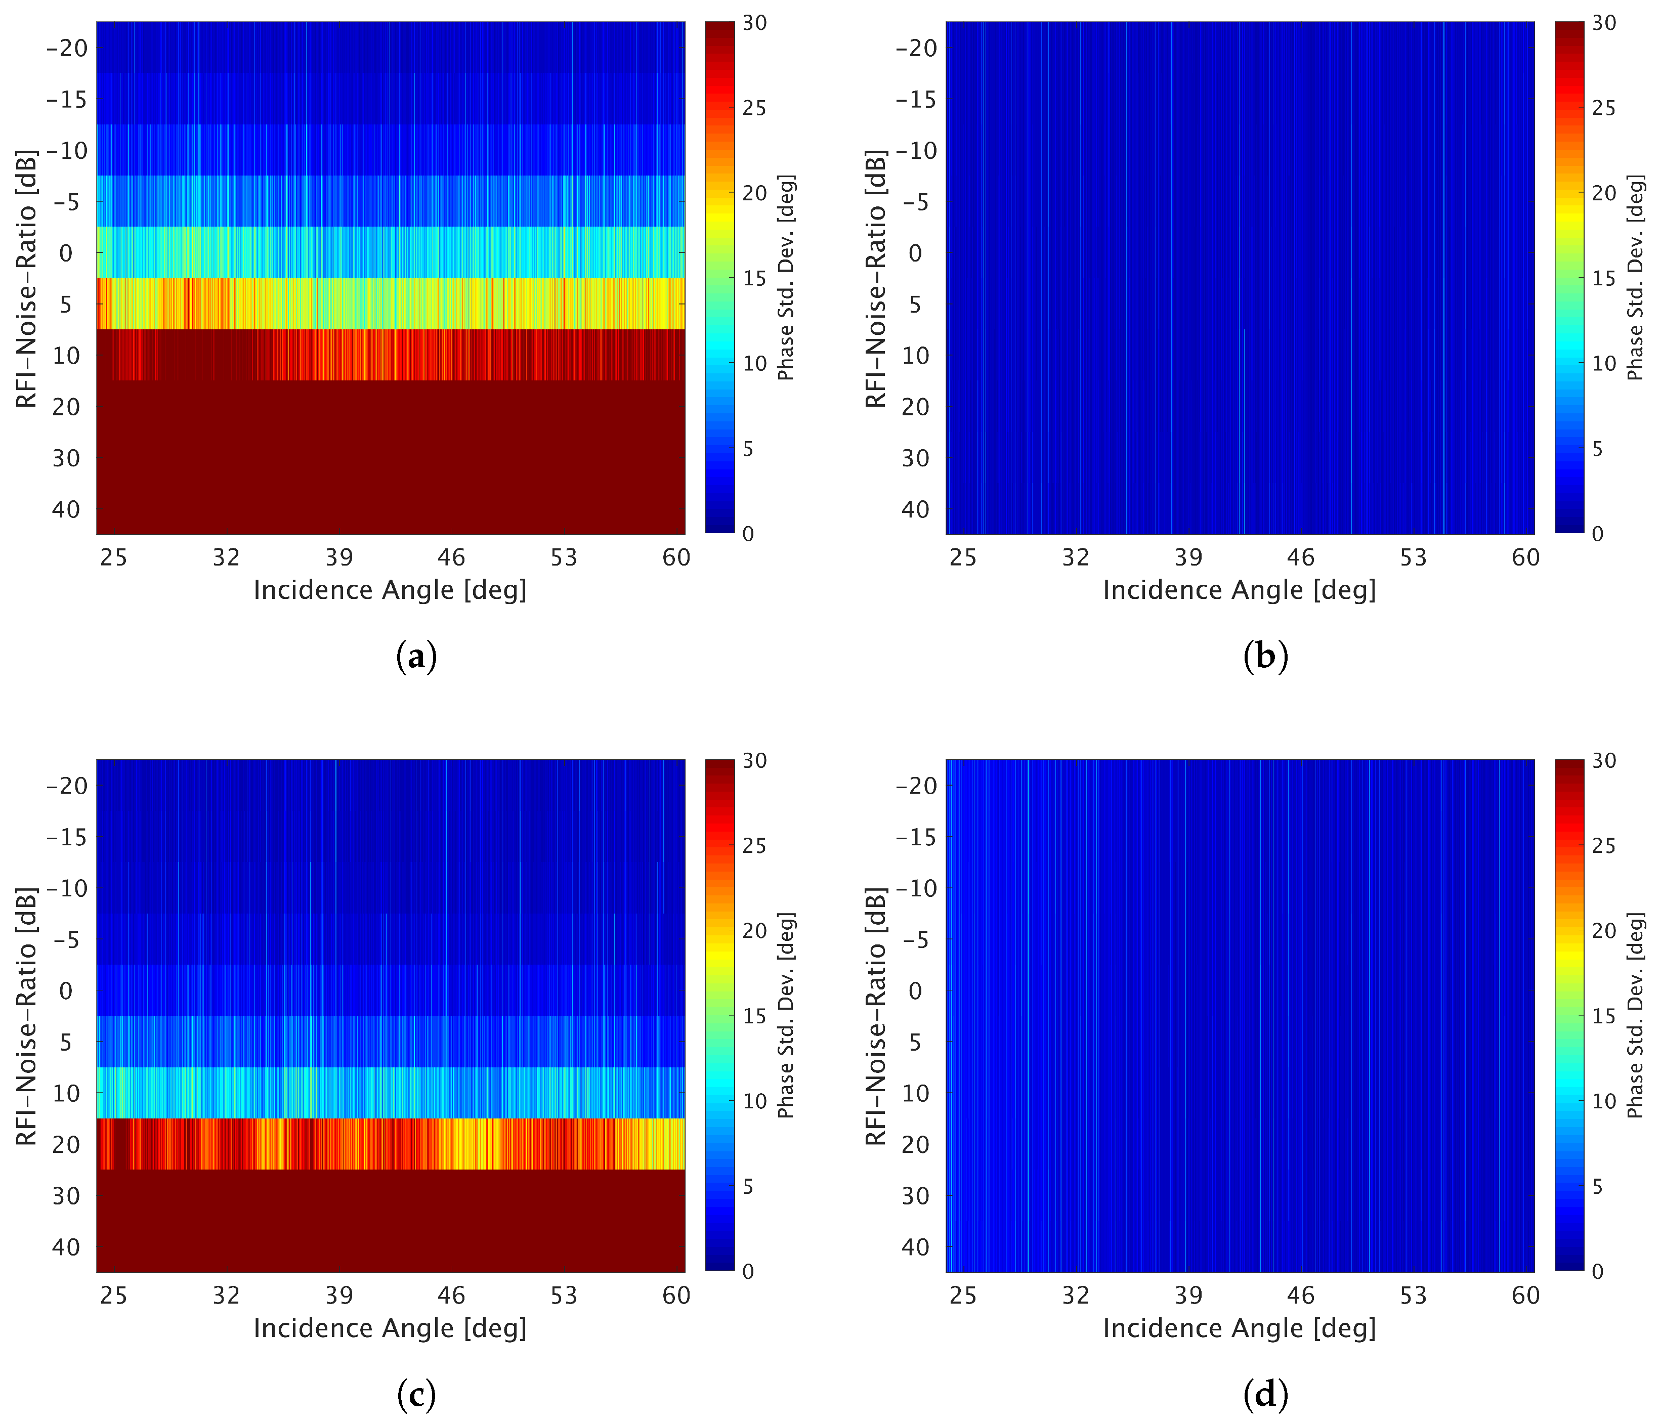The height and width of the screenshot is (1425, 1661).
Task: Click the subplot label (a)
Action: [416, 657]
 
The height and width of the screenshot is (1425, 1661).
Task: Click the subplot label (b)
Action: [1265, 657]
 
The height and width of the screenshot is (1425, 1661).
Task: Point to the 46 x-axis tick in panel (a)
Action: [451, 557]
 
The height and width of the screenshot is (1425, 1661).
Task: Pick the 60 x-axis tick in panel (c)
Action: [676, 1295]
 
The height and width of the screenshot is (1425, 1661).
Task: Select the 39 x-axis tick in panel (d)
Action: [1188, 1295]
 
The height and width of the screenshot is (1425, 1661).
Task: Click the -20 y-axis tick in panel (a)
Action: [67, 48]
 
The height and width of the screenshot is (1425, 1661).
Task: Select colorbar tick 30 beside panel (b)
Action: [1603, 23]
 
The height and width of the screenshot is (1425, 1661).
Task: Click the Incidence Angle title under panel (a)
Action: [390, 590]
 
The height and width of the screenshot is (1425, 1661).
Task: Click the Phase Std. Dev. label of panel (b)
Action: [1635, 277]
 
